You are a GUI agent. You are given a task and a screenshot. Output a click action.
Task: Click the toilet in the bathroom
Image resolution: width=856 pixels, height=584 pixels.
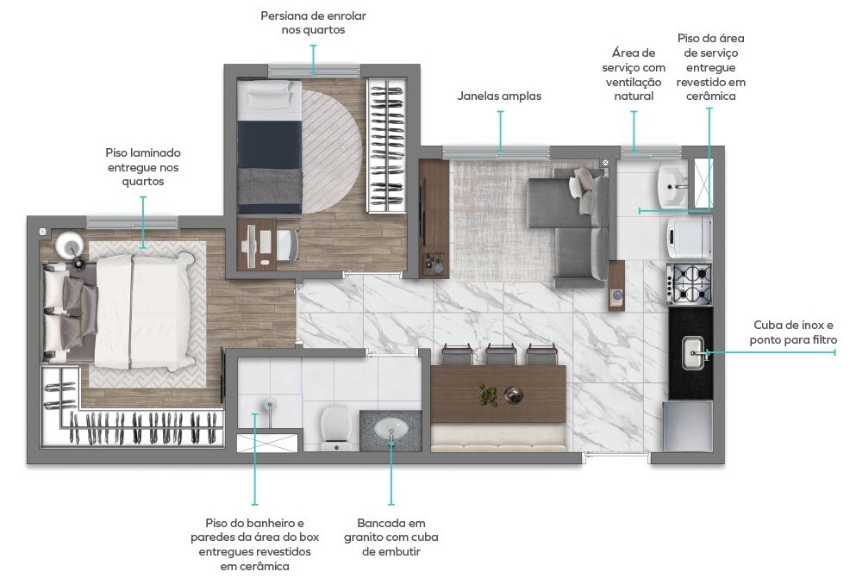335,427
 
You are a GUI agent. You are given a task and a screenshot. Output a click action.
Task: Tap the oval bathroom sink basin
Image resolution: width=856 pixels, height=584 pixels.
391,429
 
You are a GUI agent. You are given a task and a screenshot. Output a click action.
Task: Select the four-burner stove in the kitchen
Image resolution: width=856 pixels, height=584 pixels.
690,283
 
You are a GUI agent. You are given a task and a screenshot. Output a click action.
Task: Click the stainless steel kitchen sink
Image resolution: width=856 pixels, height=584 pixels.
693,353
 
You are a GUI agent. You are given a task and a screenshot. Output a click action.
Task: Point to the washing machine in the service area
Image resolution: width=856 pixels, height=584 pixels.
689,237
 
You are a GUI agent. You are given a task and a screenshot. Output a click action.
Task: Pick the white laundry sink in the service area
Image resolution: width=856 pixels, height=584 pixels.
672,186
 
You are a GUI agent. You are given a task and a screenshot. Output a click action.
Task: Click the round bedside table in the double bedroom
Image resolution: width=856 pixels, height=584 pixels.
69,245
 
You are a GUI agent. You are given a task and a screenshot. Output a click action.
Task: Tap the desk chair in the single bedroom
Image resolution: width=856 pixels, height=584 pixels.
287,245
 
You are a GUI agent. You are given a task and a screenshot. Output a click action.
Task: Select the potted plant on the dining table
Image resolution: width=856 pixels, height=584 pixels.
487,395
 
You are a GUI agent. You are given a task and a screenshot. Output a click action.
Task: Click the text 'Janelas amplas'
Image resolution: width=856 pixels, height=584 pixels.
499,96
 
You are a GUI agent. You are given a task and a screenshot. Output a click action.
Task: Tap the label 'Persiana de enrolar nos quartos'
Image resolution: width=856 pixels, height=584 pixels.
314,23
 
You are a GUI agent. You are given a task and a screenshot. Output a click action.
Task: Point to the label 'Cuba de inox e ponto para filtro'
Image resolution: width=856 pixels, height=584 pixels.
793,332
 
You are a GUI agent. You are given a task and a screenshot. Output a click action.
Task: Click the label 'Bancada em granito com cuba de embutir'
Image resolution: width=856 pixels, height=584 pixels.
391,537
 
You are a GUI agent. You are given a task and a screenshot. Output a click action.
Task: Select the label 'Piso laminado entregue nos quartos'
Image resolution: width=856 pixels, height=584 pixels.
143,167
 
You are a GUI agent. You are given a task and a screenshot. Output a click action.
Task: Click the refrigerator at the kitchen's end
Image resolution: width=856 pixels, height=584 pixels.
688,426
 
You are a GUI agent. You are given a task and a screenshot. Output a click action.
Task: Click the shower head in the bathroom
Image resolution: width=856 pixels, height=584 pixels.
269,405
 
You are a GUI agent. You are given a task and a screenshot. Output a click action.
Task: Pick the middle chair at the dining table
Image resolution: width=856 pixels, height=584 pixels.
501,354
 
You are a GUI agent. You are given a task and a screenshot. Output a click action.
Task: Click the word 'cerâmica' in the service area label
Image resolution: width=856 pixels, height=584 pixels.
711,96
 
